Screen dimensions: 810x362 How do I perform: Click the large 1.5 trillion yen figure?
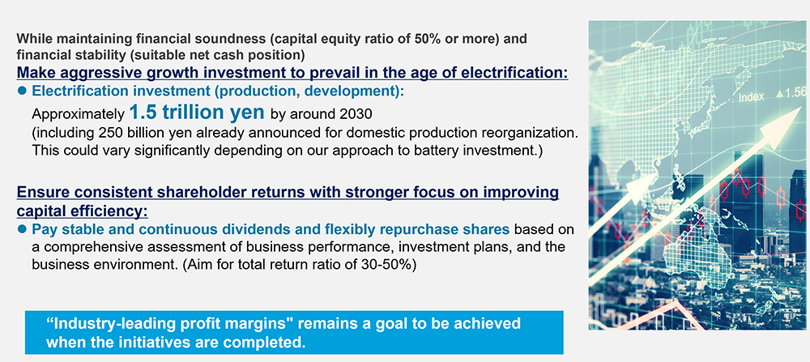click(x=197, y=112)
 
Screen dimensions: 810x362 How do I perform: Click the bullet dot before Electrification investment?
click(x=22, y=91)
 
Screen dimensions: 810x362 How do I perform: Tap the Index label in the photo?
click(x=752, y=98)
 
